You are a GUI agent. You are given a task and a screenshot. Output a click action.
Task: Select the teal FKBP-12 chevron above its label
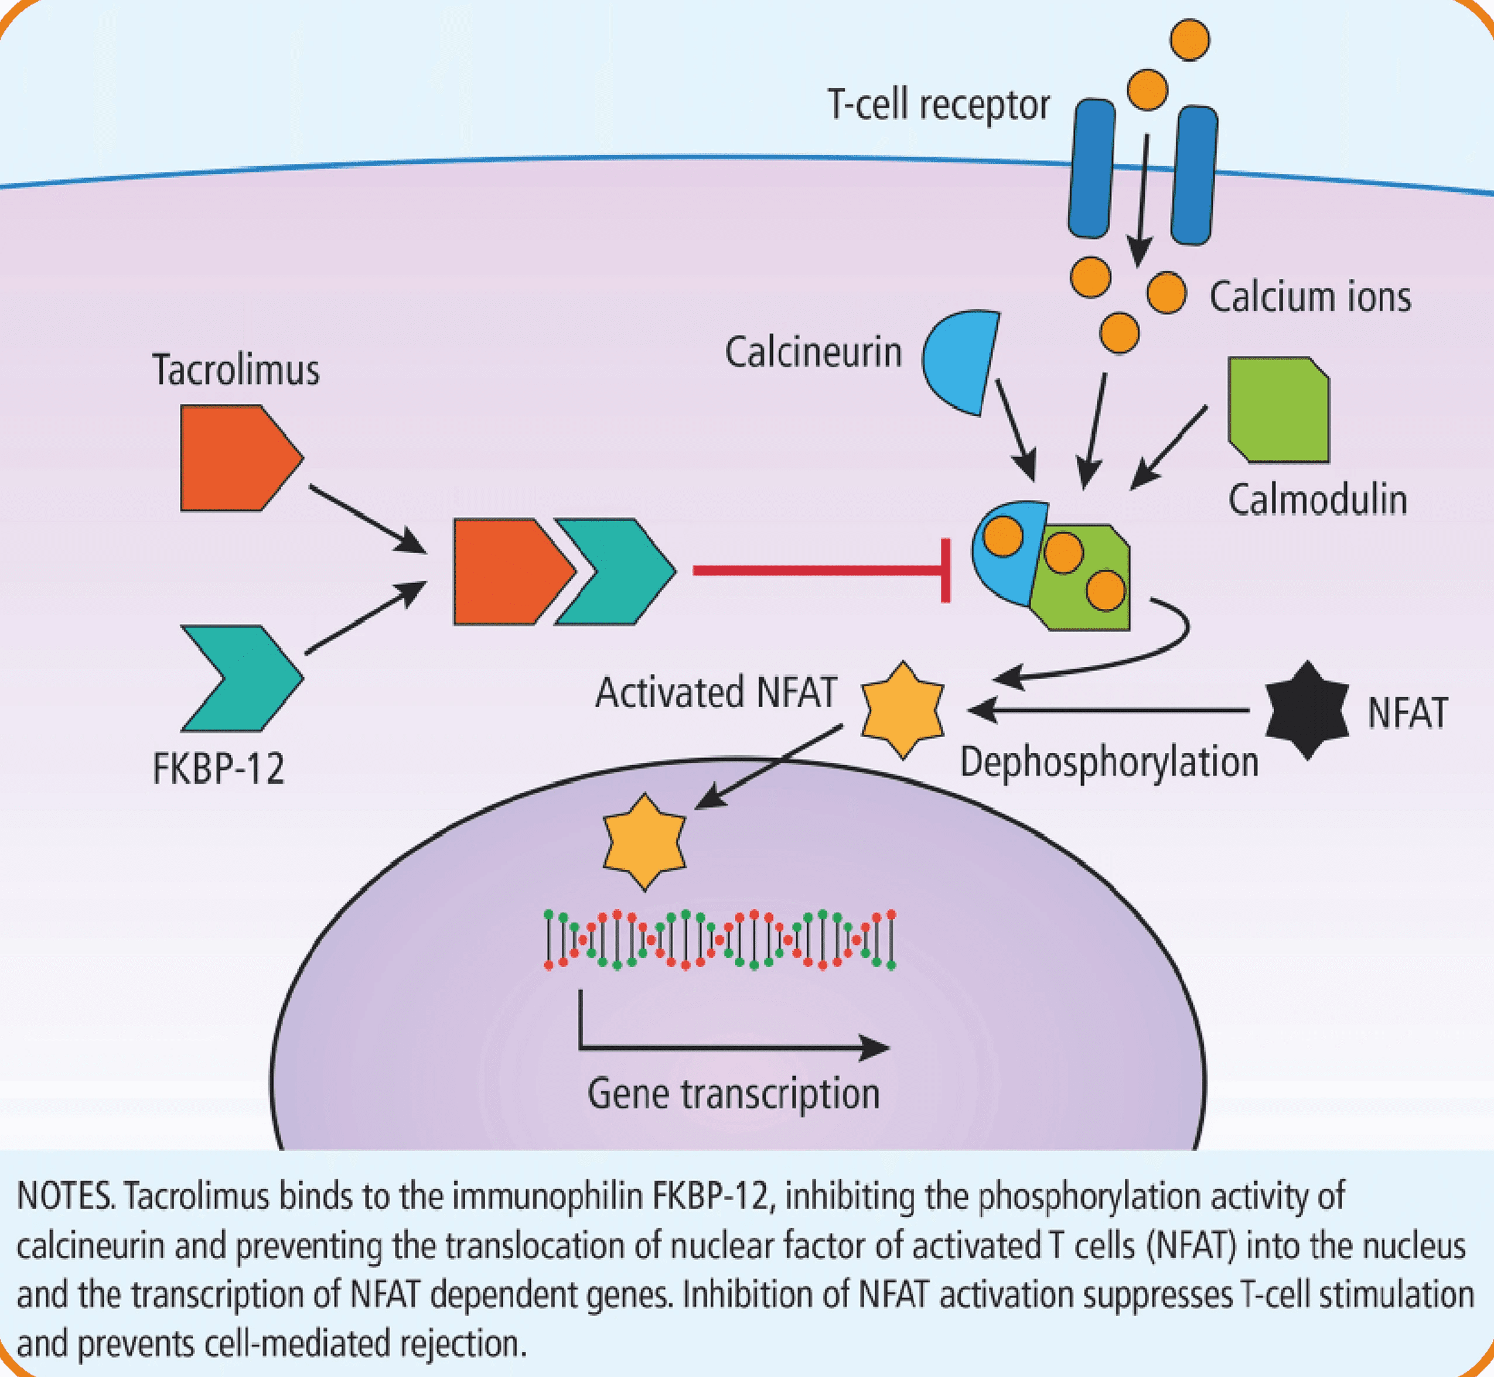[x=246, y=677]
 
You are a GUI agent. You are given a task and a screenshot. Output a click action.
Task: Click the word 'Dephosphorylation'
[x=1108, y=763]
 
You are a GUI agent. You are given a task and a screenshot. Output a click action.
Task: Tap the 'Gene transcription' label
[x=734, y=1094]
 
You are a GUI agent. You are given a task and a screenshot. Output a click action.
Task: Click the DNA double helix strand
[x=720, y=940]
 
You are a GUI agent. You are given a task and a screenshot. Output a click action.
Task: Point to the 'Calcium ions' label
[x=1310, y=297]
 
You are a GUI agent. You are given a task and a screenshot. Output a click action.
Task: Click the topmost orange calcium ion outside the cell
[x=1190, y=39]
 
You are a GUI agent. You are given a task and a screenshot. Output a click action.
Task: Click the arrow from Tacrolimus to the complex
[x=367, y=519]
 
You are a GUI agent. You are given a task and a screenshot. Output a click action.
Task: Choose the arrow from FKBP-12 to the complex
[x=366, y=618]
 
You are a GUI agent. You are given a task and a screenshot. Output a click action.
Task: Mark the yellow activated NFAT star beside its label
[x=903, y=710]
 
